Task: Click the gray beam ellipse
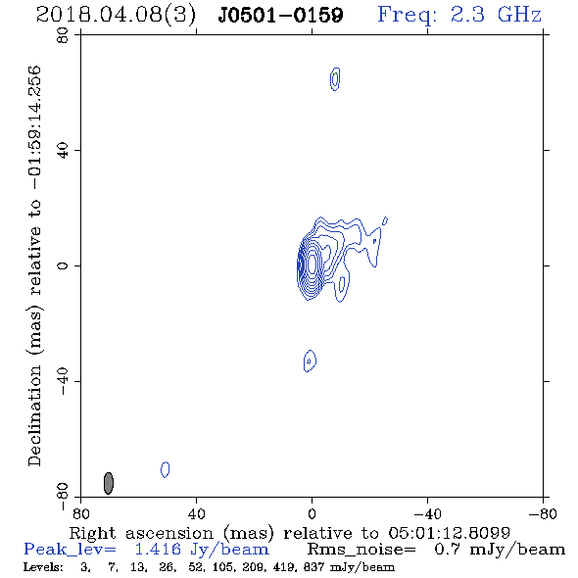[x=109, y=483]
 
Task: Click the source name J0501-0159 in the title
[x=280, y=15]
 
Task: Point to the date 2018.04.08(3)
[x=117, y=15]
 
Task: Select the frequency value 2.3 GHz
[x=496, y=15]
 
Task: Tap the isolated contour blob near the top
[x=335, y=79]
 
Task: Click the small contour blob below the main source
[x=310, y=361]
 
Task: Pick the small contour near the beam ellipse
[x=166, y=469]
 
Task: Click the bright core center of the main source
[x=312, y=264]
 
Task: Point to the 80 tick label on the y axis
[x=63, y=35]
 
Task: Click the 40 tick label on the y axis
[x=63, y=151]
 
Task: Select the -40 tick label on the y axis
[x=63, y=381]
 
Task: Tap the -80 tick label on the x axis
[x=543, y=513]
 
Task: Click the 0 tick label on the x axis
[x=312, y=513]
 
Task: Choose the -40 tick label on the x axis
[x=427, y=513]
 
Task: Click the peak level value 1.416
[x=158, y=550]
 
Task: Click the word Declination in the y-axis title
[x=34, y=415]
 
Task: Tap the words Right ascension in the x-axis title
[x=141, y=533]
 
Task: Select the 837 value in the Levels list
[x=312, y=567]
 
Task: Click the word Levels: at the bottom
[x=43, y=567]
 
